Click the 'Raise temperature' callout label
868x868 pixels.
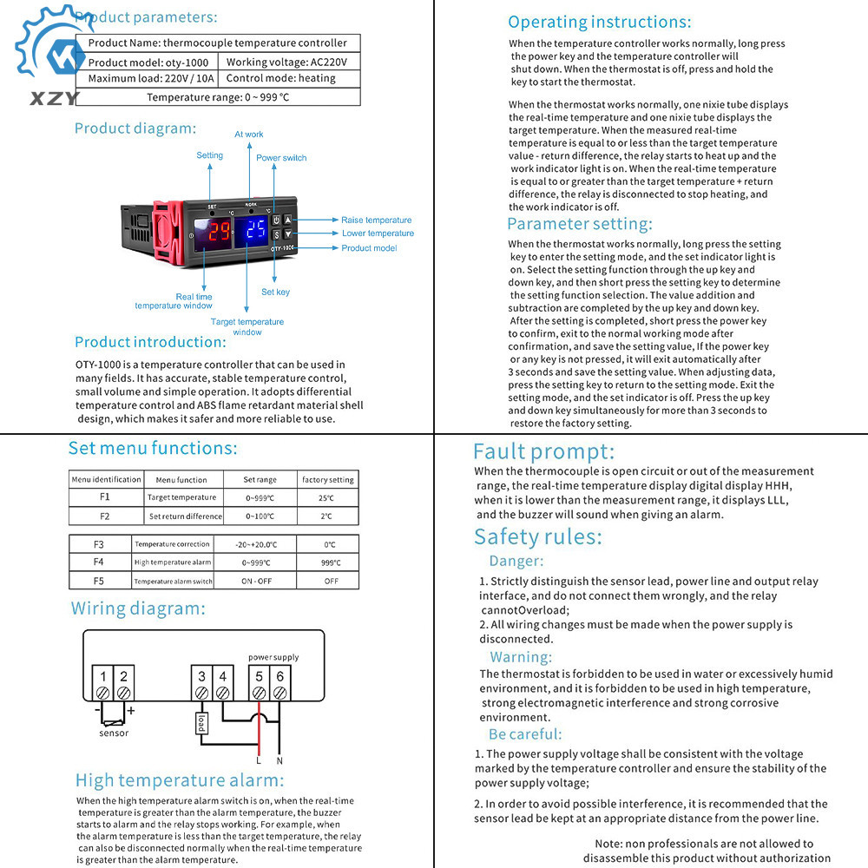click(376, 220)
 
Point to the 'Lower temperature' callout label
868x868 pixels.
click(378, 233)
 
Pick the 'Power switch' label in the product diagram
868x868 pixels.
click(281, 158)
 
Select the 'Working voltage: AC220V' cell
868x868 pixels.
click(286, 62)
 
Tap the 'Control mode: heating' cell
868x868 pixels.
click(280, 78)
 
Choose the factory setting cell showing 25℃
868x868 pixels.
click(326, 497)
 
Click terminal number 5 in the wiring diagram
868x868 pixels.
click(259, 677)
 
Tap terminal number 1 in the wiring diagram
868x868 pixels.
click(102, 677)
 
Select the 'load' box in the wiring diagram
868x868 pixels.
click(201, 722)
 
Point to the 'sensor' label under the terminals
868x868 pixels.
click(114, 733)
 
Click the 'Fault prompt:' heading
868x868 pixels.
click(543, 451)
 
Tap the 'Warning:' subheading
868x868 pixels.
click(521, 657)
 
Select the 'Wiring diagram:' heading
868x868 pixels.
click(138, 608)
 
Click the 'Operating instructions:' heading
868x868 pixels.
click(599, 22)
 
